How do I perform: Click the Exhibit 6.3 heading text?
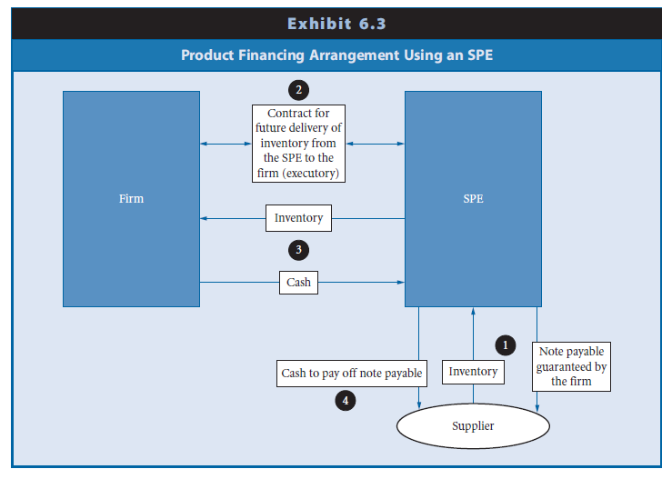coord(336,23)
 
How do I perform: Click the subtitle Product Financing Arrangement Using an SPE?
coord(336,55)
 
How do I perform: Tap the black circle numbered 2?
coord(296,90)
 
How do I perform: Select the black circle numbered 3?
coord(296,249)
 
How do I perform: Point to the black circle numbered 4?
coord(344,398)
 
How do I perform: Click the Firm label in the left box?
coord(131,198)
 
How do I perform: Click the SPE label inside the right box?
coord(473,198)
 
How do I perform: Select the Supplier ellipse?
coord(473,425)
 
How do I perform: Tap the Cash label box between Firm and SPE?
coord(298,282)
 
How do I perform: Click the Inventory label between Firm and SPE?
coord(298,218)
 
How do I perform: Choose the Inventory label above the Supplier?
coord(473,372)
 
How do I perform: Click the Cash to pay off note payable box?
coord(351,373)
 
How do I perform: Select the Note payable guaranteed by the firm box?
coord(571,366)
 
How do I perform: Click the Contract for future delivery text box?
coord(298,144)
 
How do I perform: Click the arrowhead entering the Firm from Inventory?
coord(204,218)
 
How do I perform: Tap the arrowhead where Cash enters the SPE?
coord(401,282)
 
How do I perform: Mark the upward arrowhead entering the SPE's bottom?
coord(473,311)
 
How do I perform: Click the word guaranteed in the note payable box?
coord(571,366)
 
